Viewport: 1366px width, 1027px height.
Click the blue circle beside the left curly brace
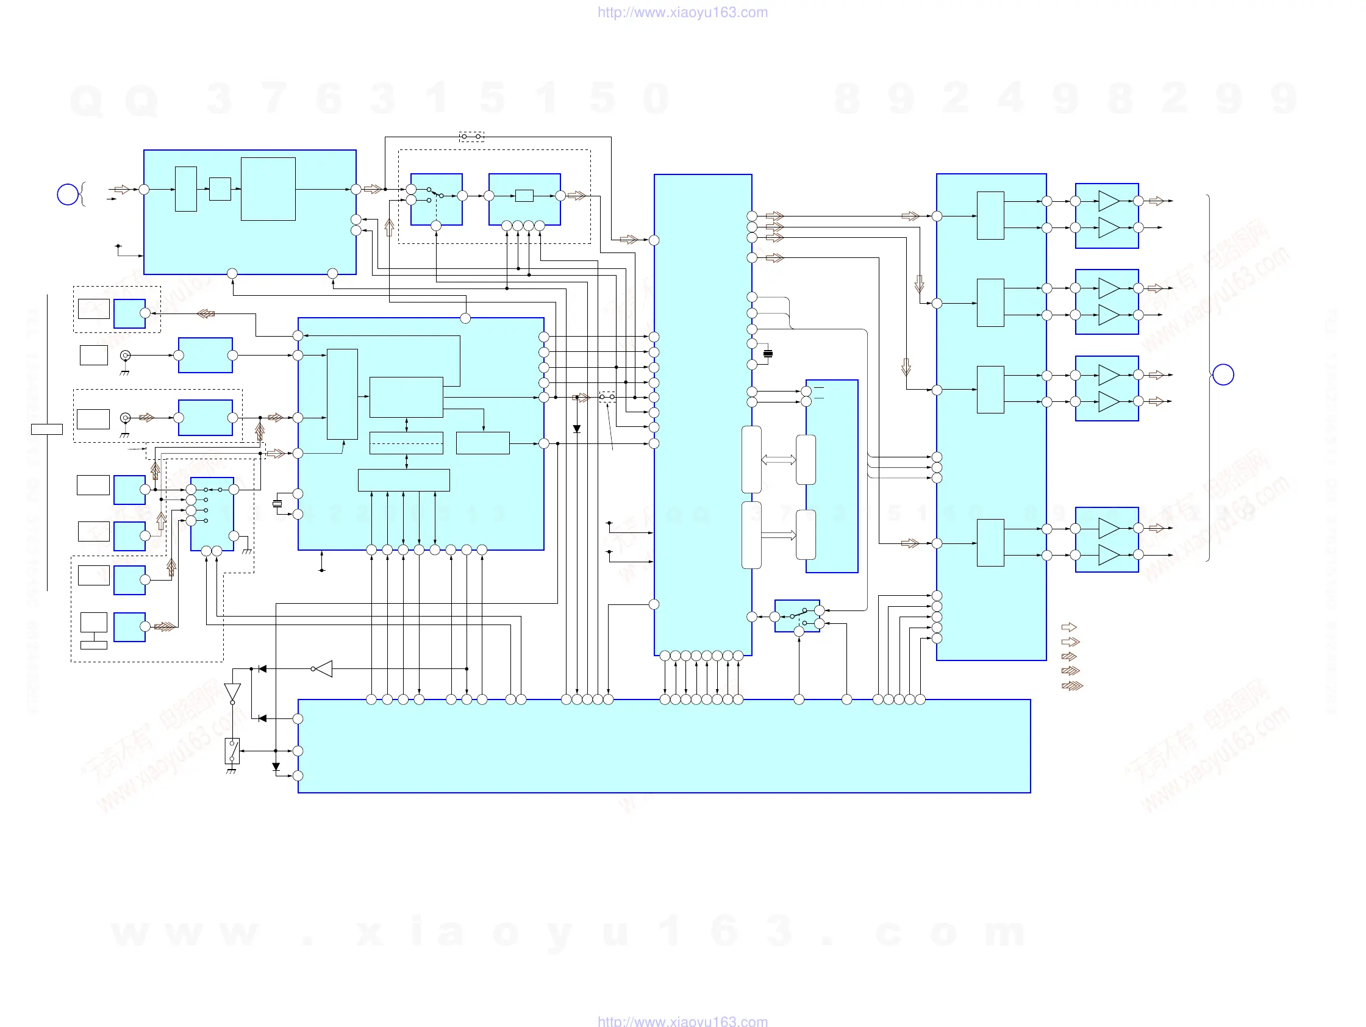[68, 195]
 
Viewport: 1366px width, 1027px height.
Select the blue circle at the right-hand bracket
[1223, 375]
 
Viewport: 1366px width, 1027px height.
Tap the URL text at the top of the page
[682, 12]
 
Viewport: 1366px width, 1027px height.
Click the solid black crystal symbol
[768, 354]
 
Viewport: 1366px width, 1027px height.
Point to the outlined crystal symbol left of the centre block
[277, 504]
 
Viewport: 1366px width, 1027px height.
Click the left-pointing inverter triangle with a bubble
[323, 669]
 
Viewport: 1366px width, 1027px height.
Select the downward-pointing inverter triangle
[232, 692]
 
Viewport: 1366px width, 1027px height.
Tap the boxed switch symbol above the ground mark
[232, 751]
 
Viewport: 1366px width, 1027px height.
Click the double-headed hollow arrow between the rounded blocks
[778, 459]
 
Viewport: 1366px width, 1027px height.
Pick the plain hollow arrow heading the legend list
[1068, 628]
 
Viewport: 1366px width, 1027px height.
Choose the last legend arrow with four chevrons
[1072, 685]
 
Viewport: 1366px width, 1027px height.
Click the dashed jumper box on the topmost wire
[471, 137]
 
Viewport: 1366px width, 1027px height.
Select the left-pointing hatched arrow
[206, 313]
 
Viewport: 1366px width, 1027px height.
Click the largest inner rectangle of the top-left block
[268, 189]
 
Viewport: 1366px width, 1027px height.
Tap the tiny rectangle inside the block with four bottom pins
[524, 196]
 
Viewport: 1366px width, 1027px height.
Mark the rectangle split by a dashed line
[406, 443]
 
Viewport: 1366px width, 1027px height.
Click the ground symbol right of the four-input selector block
[247, 550]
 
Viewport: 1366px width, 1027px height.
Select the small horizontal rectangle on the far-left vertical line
[47, 429]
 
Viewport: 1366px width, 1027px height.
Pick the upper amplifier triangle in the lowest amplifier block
[1109, 528]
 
